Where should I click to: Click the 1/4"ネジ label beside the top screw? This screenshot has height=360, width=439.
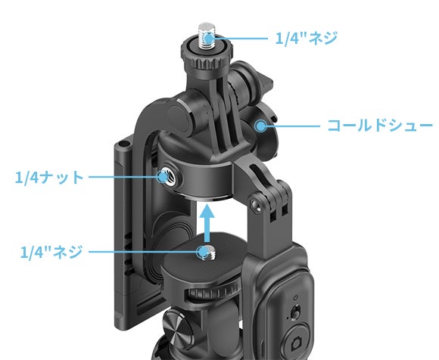point(307,38)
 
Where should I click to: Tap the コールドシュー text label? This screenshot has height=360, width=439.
point(380,126)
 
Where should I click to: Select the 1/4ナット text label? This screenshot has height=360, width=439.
point(49,177)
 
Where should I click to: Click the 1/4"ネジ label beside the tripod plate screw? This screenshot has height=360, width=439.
point(51,252)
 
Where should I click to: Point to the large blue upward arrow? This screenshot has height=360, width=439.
point(207,223)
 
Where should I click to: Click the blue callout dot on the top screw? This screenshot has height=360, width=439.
point(209,39)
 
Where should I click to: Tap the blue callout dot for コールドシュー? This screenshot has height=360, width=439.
point(261,126)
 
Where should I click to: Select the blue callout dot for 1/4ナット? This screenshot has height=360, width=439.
point(163,177)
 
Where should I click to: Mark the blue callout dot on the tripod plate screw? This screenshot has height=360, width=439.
point(203,252)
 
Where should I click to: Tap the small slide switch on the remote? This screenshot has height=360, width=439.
point(295,312)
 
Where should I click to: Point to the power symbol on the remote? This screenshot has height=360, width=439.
point(296,298)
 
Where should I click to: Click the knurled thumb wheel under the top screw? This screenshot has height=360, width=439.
point(207,58)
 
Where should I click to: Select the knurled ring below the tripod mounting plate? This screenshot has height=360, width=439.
point(213,291)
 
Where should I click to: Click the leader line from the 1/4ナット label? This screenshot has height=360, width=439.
point(123,177)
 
